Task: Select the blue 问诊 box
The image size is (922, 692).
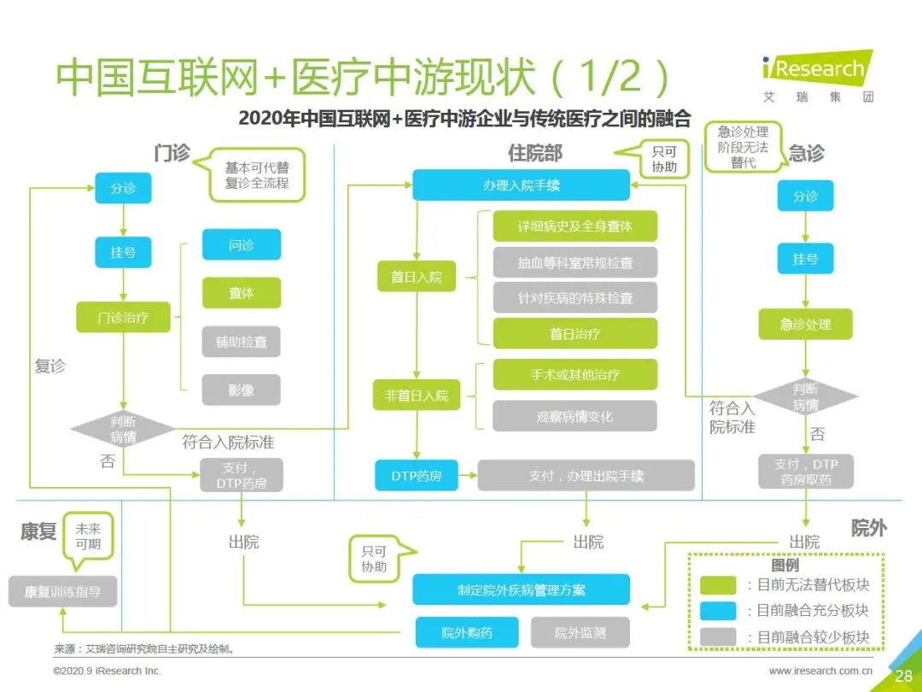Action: pyautogui.click(x=241, y=245)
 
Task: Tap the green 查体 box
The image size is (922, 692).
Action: pyautogui.click(x=241, y=293)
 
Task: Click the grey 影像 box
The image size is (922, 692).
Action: pyautogui.click(x=241, y=390)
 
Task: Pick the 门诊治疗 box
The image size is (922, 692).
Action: pyautogui.click(x=124, y=318)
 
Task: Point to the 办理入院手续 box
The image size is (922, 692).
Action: pyautogui.click(x=521, y=185)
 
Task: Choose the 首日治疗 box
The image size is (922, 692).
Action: pyautogui.click(x=575, y=334)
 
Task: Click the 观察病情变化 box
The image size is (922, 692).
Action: pyautogui.click(x=575, y=416)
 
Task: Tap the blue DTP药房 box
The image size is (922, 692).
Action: pyautogui.click(x=417, y=476)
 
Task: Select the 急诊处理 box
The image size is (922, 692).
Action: pyautogui.click(x=805, y=325)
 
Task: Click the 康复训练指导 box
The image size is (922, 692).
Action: pyautogui.click(x=62, y=591)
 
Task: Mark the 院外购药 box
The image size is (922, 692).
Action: pyautogui.click(x=467, y=632)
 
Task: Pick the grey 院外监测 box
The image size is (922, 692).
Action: pyautogui.click(x=580, y=632)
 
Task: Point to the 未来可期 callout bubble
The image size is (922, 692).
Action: pyautogui.click(x=88, y=539)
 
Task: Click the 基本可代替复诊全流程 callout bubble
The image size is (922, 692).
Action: pyautogui.click(x=252, y=175)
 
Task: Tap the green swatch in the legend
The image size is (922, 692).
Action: pyautogui.click(x=718, y=585)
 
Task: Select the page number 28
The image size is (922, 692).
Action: pyautogui.click(x=904, y=676)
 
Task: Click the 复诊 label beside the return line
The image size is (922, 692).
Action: pyautogui.click(x=50, y=366)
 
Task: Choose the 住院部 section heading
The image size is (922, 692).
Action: pyautogui.click(x=535, y=153)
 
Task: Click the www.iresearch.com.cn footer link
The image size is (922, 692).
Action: pyautogui.click(x=820, y=671)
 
